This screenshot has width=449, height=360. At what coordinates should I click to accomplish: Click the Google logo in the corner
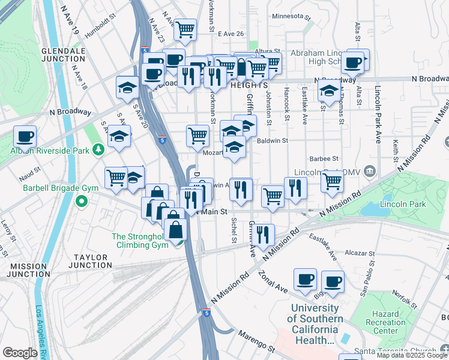pos(20,353)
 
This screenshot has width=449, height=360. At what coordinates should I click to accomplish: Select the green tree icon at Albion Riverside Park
pos(98,149)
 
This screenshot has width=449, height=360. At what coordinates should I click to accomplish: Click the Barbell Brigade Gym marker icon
pos(82,200)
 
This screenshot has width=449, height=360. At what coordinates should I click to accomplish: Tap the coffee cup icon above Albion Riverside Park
pos(25,137)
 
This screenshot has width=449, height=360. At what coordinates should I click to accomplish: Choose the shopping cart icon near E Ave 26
pos(185,28)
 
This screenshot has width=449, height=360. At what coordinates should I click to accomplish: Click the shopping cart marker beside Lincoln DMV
pos(332,180)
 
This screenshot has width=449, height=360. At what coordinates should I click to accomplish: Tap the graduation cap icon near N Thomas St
pos(328,90)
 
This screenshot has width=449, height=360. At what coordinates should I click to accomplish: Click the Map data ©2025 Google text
pos(412,355)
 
